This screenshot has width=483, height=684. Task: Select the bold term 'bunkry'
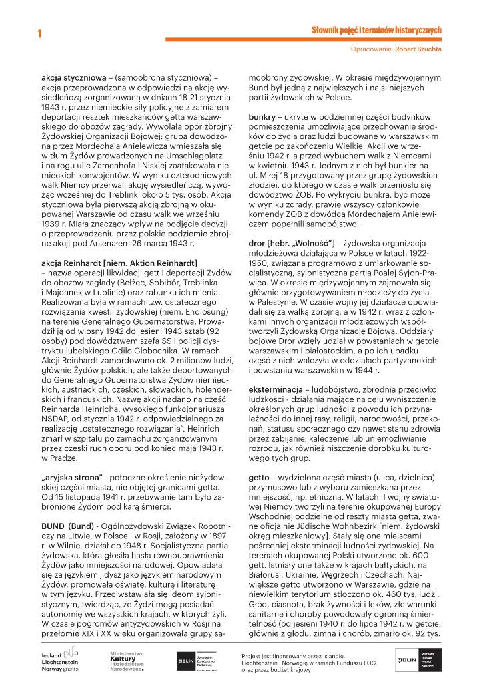262,116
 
